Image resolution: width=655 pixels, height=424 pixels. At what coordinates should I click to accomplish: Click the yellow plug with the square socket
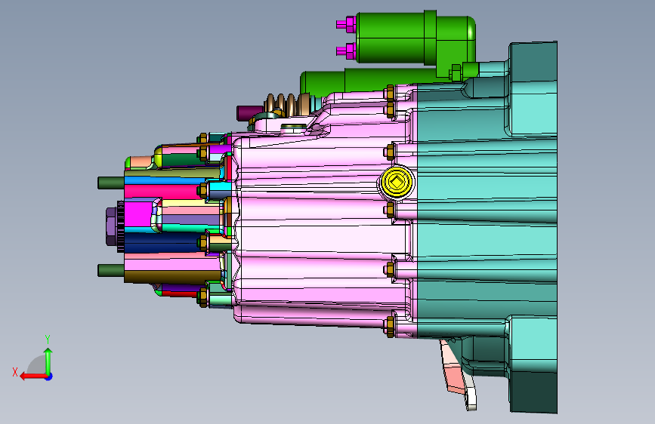[397, 182]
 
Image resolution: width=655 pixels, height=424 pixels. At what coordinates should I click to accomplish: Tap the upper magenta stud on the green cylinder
[346, 25]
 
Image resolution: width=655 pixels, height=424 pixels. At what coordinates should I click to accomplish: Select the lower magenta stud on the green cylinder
[346, 51]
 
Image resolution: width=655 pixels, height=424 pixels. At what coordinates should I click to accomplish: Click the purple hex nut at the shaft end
[111, 226]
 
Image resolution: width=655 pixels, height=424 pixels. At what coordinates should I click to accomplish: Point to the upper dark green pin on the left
[111, 183]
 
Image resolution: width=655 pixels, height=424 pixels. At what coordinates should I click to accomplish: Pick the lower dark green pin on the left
[111, 270]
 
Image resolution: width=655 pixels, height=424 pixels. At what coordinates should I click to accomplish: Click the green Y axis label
[48, 340]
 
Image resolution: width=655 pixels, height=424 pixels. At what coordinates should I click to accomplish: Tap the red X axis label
[15, 372]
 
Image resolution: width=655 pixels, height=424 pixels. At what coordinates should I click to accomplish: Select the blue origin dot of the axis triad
[49, 376]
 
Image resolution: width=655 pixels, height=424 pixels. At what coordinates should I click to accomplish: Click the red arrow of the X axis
[33, 376]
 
